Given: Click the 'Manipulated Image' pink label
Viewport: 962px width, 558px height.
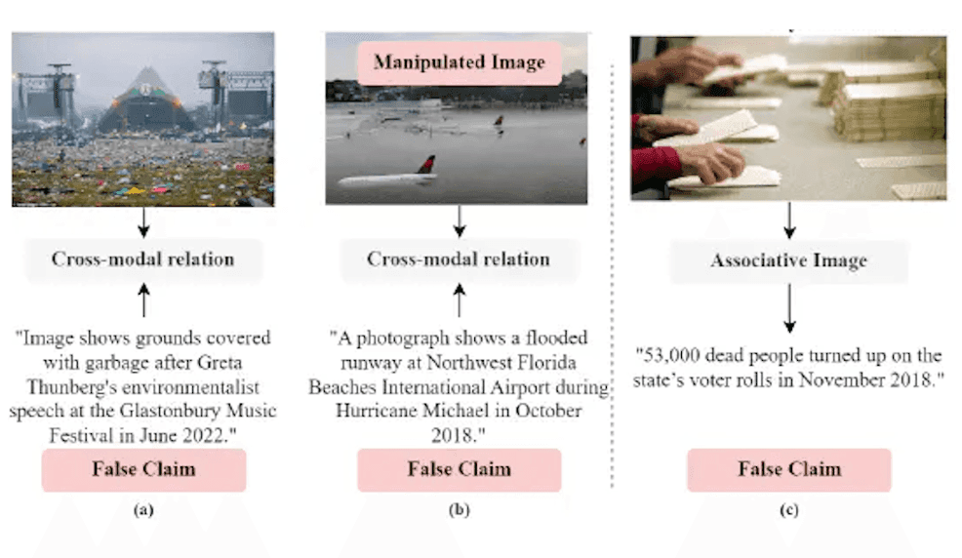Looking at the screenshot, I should click(458, 63).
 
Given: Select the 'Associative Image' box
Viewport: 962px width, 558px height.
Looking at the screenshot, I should click(789, 260).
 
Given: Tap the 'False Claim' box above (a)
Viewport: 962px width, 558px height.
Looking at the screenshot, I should click(143, 469).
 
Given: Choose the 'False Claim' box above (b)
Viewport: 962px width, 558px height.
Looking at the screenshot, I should click(459, 469).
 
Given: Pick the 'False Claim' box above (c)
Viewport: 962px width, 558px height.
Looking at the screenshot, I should click(788, 469).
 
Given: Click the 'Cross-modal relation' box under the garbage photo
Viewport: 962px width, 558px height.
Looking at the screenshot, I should click(142, 259).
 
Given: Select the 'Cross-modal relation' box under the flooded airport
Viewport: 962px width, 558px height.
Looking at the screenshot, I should click(458, 259).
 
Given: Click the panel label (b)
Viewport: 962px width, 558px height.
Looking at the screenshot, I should click(458, 508).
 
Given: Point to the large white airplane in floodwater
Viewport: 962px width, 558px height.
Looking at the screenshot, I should click(385, 179).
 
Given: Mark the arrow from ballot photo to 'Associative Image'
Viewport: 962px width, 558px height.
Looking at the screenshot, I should click(789, 220).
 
